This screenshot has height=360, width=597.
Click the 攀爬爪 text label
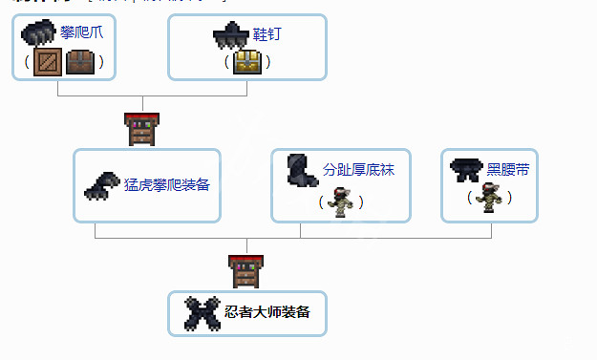coord(81,32)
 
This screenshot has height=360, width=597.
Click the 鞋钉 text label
coord(268,34)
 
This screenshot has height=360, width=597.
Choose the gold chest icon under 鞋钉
coord(247,62)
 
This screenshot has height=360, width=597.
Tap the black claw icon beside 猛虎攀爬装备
coord(102,185)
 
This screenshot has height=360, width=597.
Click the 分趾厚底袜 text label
coord(358,171)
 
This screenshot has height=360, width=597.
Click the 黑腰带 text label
coord(508,170)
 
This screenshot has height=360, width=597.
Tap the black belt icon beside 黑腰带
coord(466,168)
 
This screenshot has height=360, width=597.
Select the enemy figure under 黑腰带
coord(489,199)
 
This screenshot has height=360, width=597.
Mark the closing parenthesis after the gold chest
coord(267,63)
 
